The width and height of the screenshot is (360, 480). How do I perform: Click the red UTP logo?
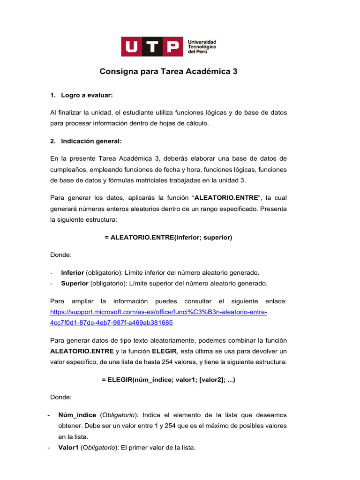[152, 46]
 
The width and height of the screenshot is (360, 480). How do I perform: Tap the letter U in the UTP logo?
[132, 46]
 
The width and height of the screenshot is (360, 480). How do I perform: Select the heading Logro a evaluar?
[87, 95]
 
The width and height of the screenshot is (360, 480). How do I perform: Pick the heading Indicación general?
[91, 141]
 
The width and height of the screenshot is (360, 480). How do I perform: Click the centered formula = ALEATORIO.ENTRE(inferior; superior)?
[168, 237]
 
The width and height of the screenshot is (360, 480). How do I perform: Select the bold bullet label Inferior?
[73, 272]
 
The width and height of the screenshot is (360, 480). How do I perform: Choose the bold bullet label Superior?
[74, 283]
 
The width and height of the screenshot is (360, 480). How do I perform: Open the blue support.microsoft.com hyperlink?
[158, 312]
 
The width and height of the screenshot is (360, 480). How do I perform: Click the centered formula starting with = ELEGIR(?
[168, 380]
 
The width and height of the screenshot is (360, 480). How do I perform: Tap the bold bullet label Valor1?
[68, 448]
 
